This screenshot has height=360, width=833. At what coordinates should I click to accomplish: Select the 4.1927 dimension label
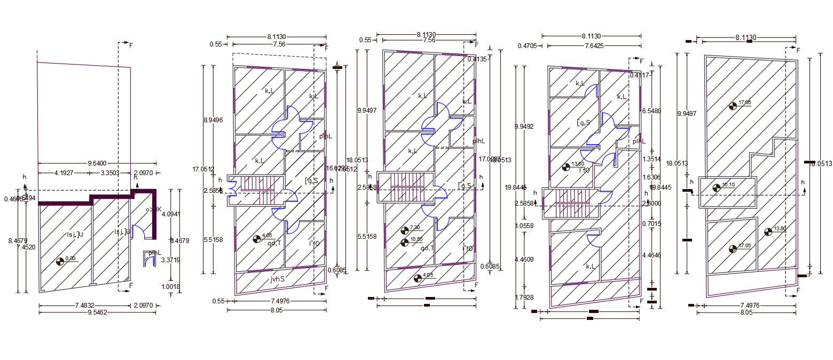(x=64, y=173)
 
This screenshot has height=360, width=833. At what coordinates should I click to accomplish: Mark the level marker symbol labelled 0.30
(x=60, y=262)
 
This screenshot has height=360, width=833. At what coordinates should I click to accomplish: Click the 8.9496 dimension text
(x=213, y=120)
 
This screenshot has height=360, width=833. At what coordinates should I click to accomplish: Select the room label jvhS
(x=278, y=279)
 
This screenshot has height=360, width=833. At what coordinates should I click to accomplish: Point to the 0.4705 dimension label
(x=528, y=46)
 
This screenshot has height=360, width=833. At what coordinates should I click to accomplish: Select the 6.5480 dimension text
(x=651, y=111)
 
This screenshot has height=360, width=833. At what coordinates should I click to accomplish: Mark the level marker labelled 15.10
(x=717, y=187)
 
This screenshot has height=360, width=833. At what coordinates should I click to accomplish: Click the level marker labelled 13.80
(x=768, y=231)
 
